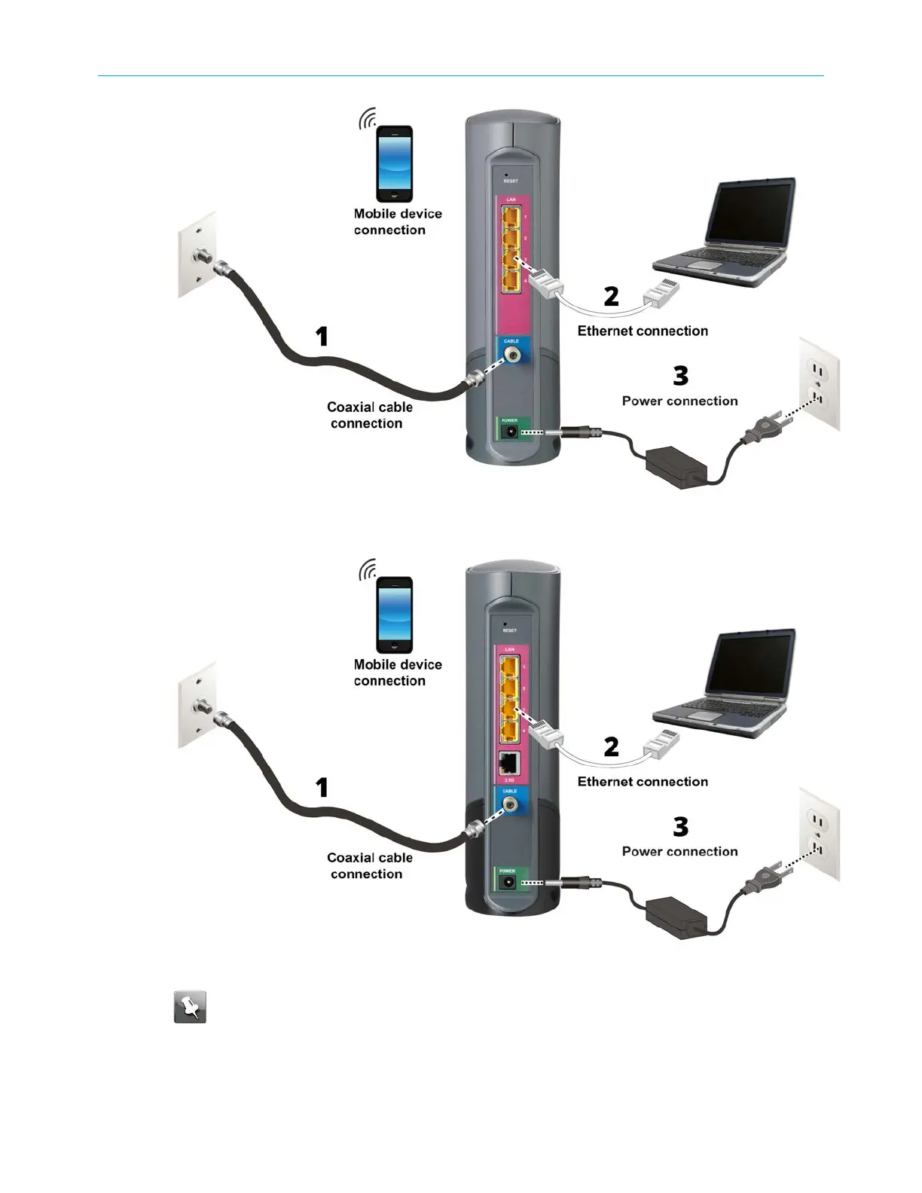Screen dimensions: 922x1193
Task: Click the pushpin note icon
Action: (x=190, y=1007)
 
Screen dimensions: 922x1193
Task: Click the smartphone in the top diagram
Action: (x=394, y=163)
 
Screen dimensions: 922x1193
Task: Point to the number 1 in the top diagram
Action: (x=322, y=336)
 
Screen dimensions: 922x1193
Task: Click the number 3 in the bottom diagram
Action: (x=680, y=826)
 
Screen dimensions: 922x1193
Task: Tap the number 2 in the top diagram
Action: (x=611, y=296)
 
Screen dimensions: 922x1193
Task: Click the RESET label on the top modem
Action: (x=510, y=182)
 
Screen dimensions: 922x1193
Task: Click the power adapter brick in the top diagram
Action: (x=676, y=466)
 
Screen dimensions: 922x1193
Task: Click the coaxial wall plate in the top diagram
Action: (x=197, y=255)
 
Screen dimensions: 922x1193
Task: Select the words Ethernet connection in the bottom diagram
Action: (x=643, y=782)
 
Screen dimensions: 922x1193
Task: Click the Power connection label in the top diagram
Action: (x=679, y=401)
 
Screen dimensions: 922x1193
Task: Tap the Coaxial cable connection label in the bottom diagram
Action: (x=369, y=865)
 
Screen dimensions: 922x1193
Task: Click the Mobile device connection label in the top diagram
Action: (x=397, y=221)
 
